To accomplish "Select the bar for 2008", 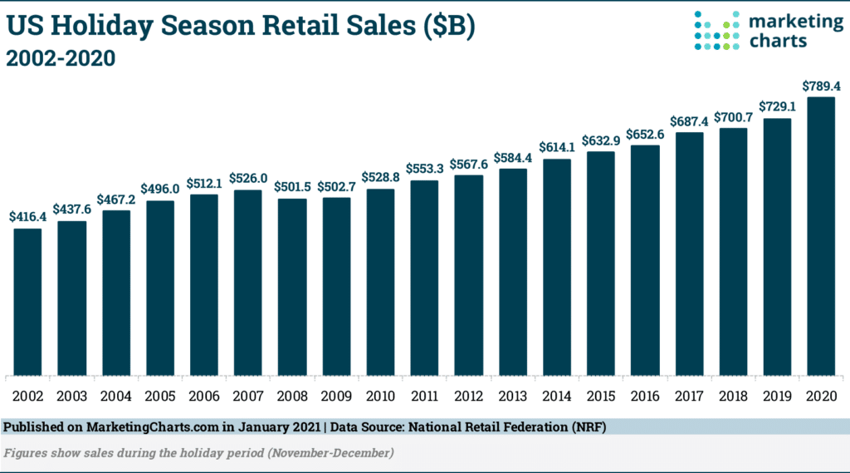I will tap(291, 286).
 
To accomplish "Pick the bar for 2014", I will tap(556, 266).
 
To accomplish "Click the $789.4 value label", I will tap(820, 86).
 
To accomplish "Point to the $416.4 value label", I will tap(27, 217).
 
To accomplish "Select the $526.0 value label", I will tap(247, 178).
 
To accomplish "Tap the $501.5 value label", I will tap(291, 186).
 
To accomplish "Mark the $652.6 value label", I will tap(644, 134).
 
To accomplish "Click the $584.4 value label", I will tap(512, 157).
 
